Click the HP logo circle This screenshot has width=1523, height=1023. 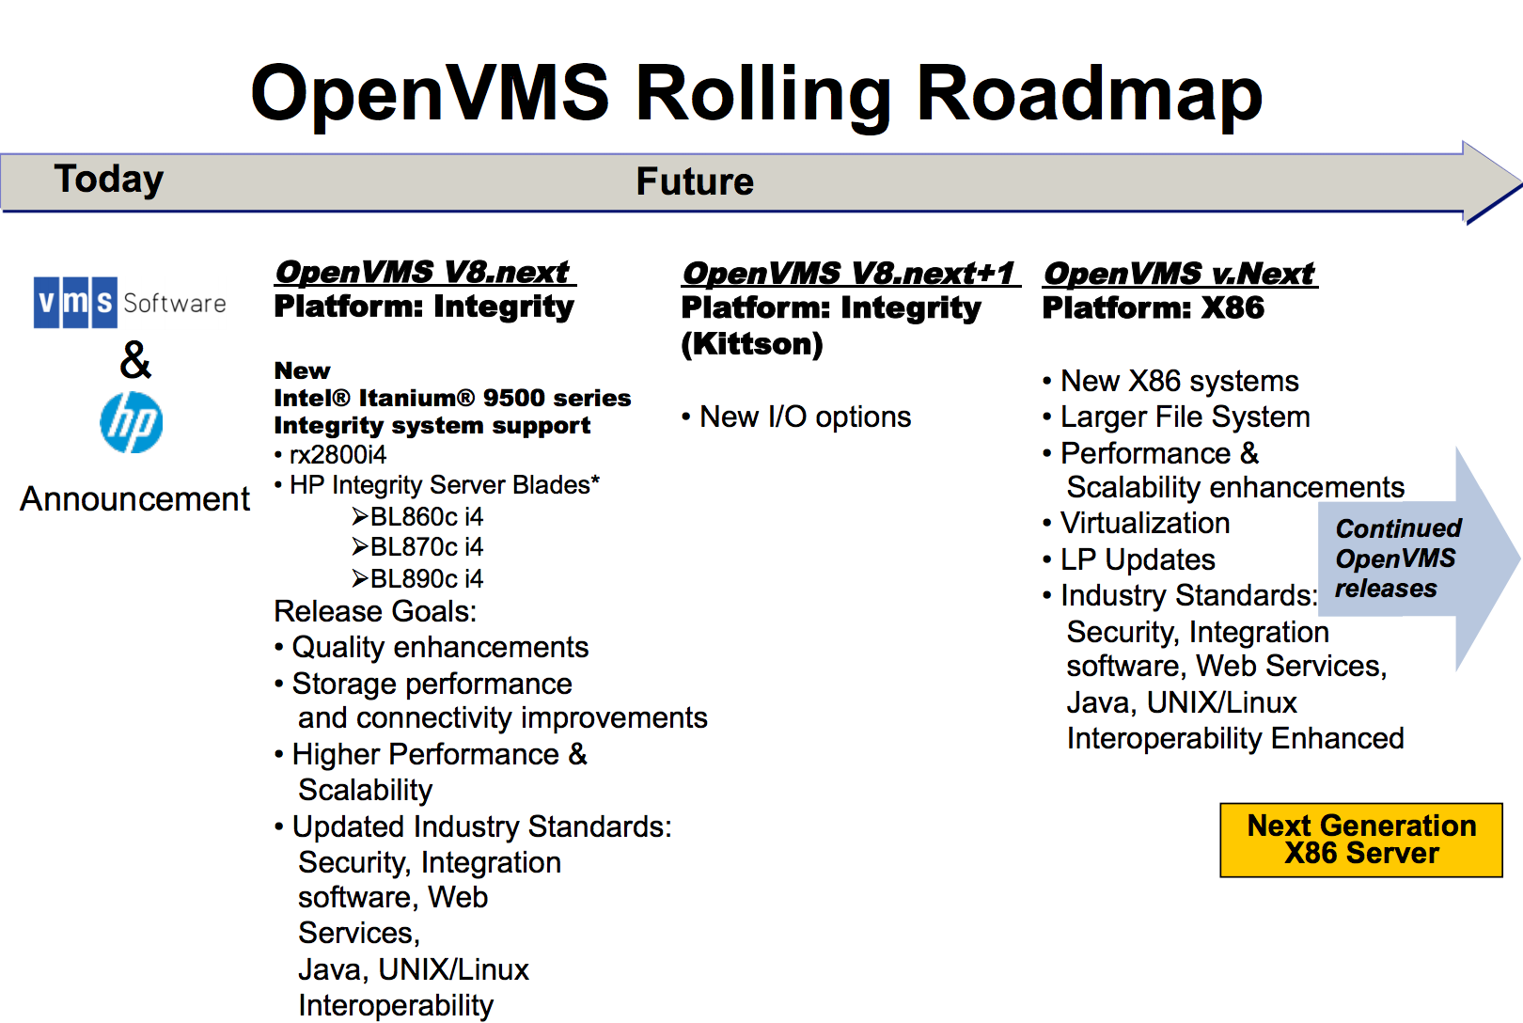(x=132, y=422)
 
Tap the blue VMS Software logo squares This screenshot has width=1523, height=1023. (x=75, y=303)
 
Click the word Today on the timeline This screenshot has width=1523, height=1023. (x=109, y=179)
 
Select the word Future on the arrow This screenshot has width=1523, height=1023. (x=695, y=181)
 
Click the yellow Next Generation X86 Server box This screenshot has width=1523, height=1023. (x=1361, y=840)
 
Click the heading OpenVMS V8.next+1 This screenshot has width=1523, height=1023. (x=850, y=274)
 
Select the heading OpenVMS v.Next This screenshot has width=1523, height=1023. (x=1180, y=274)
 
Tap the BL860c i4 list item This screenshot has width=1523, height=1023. (x=417, y=517)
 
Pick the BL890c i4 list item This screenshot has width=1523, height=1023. (x=417, y=579)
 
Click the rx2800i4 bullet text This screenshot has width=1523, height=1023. (x=330, y=454)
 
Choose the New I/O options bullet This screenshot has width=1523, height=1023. (x=796, y=417)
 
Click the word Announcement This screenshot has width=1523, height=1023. (x=134, y=499)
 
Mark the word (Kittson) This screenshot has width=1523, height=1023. (x=752, y=344)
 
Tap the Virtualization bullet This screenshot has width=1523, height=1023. (x=1136, y=523)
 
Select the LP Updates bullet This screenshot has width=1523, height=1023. (x=1129, y=559)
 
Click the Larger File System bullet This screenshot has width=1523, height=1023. (x=1176, y=417)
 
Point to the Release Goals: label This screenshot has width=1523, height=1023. (x=375, y=611)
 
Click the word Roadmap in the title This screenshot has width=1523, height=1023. (x=1090, y=94)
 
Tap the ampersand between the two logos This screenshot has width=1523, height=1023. (x=135, y=360)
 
